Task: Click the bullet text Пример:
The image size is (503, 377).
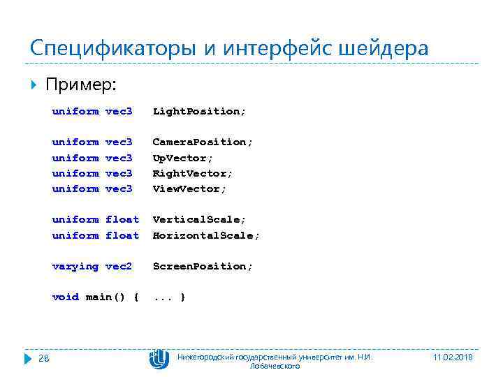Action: pyautogui.click(x=81, y=84)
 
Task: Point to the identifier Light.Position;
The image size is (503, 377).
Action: pyautogui.click(x=199, y=111)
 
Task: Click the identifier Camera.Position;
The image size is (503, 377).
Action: pyautogui.click(x=203, y=142)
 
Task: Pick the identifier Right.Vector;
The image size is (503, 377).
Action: pyautogui.click(x=192, y=173)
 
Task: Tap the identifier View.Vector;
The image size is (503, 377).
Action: pyautogui.click(x=189, y=188)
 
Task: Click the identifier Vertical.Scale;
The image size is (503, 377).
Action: pyautogui.click(x=199, y=219)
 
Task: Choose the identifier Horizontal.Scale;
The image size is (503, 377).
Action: pyautogui.click(x=206, y=235)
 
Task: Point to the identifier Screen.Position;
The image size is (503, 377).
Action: pyautogui.click(x=203, y=266)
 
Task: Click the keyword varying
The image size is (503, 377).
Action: pyautogui.click(x=75, y=266)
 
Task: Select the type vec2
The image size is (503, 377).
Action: pyautogui.click(x=119, y=266)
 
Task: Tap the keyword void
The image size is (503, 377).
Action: pyautogui.click(x=66, y=297)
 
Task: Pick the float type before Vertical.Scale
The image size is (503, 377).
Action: pyautogui.click(x=122, y=219)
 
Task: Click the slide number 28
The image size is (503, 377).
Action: pyautogui.click(x=43, y=359)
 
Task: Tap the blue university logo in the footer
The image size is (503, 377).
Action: pyautogui.click(x=159, y=359)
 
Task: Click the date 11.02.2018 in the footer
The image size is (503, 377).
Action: pyautogui.click(x=453, y=357)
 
